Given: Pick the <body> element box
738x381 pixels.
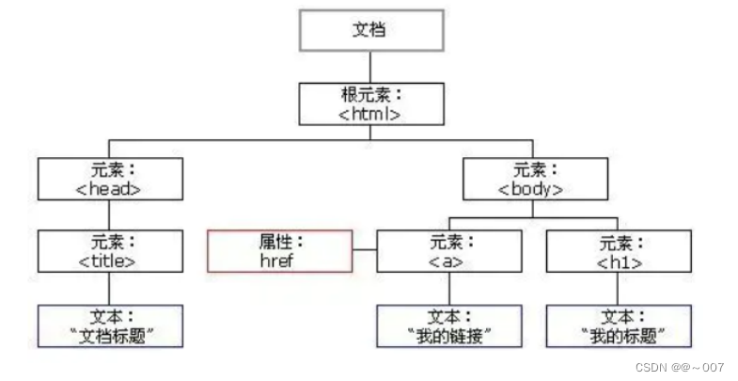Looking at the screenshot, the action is pos(531,179).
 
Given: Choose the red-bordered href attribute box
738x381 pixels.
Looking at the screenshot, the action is pos(281,251).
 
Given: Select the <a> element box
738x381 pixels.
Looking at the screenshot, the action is pos(448,251).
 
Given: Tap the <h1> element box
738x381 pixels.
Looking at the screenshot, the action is pos(617,251).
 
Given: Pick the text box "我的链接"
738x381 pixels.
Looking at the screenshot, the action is pos(448,325).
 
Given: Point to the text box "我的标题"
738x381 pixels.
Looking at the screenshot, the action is pos(617,325).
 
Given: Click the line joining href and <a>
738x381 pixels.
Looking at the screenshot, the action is pos(365,251).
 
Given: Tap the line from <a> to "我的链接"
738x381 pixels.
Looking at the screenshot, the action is pos(448,289).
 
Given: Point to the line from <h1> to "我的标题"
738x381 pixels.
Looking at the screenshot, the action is pos(617,289).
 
